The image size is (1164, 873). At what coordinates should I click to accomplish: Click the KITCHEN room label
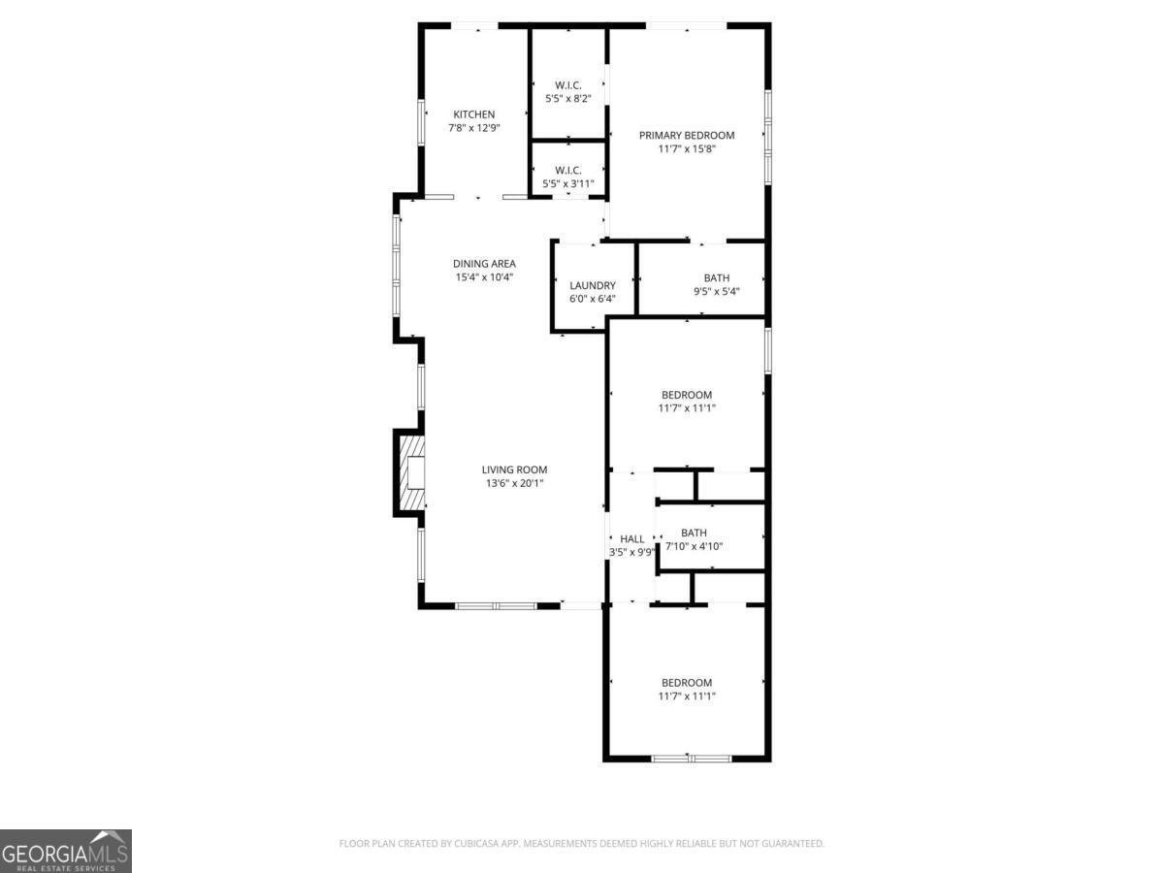(473, 114)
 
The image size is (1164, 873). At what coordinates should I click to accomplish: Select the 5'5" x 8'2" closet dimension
(567, 99)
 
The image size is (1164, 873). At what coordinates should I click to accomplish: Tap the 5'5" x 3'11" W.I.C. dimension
(567, 183)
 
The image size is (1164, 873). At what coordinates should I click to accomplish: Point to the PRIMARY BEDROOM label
(687, 135)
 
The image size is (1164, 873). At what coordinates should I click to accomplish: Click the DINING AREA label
(484, 263)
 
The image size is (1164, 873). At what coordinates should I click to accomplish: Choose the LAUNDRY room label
(593, 285)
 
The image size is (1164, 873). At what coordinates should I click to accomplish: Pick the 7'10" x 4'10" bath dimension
(694, 546)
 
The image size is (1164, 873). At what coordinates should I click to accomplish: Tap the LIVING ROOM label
(514, 469)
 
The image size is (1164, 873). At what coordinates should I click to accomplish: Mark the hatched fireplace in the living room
(411, 473)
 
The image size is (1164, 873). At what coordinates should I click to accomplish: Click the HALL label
(632, 539)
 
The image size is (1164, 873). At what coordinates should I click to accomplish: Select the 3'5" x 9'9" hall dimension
(631, 553)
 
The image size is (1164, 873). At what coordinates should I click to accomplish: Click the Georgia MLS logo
(65, 851)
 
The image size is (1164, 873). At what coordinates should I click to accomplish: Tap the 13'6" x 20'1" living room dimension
(514, 483)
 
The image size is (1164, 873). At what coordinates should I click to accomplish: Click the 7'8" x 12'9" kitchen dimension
(473, 128)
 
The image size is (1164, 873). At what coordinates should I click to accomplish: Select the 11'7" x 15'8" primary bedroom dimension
(687, 149)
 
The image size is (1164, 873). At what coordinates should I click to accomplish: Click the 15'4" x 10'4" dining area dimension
(484, 276)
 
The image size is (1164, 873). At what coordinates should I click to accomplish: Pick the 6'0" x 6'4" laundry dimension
(593, 299)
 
